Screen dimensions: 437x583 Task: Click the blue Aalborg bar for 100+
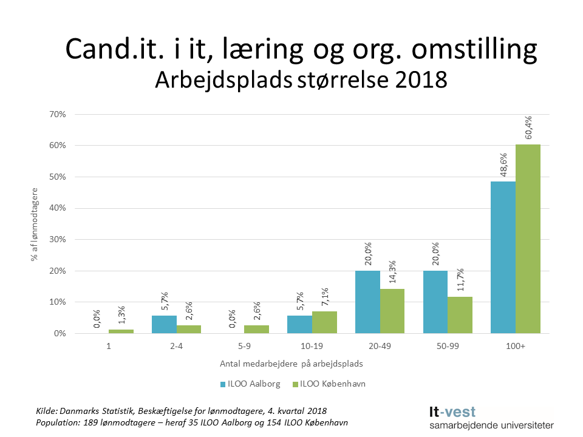pos(503,257)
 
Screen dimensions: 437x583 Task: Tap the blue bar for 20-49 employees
pos(367,302)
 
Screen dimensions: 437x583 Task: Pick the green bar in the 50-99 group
pos(460,315)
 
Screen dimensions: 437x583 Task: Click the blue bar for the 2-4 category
pos(164,324)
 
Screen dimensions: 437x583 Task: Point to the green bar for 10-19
pos(324,322)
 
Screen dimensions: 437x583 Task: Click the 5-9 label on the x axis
pos(244,347)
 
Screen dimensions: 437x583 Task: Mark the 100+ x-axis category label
pos(515,347)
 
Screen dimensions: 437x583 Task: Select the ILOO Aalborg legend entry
pos(247,384)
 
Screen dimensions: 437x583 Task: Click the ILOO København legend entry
pos(328,384)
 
